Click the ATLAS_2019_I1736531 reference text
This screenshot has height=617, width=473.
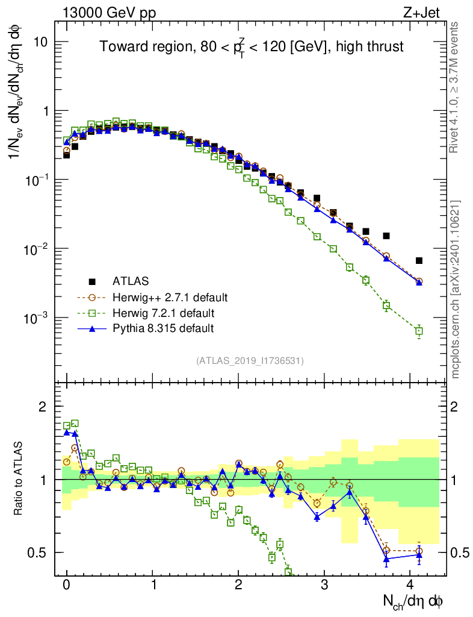click(x=250, y=361)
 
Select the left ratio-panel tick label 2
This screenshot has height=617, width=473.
click(x=43, y=407)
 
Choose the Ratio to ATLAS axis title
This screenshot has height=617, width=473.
click(x=19, y=479)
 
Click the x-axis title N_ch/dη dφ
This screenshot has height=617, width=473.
click(x=413, y=601)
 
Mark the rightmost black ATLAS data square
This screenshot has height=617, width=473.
click(x=419, y=260)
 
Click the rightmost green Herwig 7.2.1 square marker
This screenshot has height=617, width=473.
click(x=419, y=331)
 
